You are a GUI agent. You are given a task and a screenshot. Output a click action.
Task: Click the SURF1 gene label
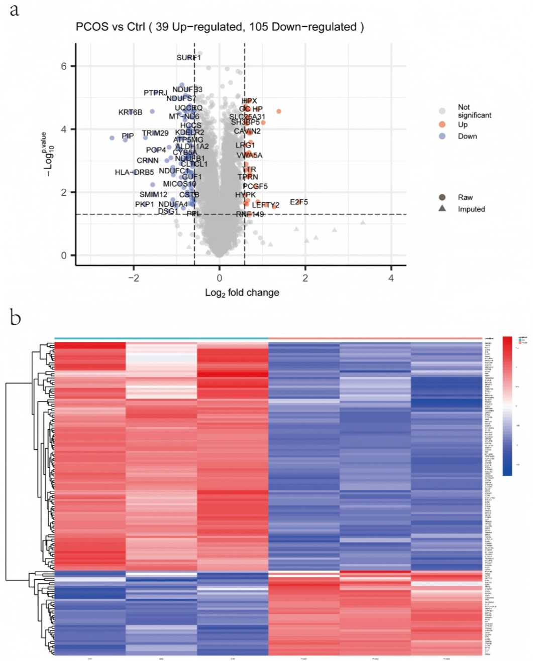tap(188, 58)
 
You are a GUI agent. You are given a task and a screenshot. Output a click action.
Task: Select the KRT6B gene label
tap(130, 112)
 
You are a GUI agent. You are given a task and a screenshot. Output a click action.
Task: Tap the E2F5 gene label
tap(299, 202)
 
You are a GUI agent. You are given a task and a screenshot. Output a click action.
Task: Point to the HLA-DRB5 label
tap(134, 172)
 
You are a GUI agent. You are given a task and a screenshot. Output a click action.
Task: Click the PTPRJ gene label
tap(155, 93)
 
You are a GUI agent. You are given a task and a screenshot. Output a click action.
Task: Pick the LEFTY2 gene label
tap(265, 205)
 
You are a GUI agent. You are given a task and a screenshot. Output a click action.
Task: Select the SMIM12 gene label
tap(153, 194)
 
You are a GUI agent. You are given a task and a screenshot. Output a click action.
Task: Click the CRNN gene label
tap(147, 161)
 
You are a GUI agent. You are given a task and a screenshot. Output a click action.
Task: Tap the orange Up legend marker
tap(442, 124)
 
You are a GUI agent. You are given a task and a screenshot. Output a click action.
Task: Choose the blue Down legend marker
tap(442, 136)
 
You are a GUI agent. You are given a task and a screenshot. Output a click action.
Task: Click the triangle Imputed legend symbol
tap(442, 208)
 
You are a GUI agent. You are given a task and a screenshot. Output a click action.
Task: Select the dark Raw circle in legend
tap(442, 197)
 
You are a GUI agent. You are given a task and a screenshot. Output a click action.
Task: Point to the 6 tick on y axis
tap(64, 66)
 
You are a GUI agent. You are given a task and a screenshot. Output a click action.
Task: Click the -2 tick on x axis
tap(133, 278)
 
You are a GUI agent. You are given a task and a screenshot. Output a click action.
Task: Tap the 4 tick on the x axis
tap(391, 278)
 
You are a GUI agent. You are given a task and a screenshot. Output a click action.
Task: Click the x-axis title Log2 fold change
tap(242, 293)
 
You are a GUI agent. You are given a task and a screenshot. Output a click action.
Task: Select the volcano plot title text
tap(220, 27)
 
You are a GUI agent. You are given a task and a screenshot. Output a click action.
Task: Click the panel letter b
tap(15, 318)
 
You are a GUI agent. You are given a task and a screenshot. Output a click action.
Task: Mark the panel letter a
tap(15, 10)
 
